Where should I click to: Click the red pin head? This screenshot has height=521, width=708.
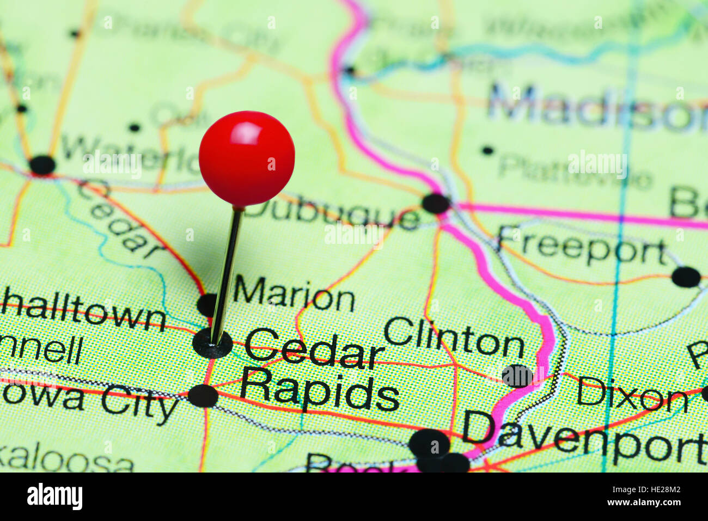click(247, 158)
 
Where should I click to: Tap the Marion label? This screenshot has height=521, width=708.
click(294, 297)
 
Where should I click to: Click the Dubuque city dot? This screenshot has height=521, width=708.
click(436, 203)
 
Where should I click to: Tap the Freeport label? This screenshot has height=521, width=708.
click(582, 248)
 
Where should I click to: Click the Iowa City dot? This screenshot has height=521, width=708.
click(203, 396)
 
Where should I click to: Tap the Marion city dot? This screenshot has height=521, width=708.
click(207, 304)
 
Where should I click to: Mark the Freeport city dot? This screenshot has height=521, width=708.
click(686, 277)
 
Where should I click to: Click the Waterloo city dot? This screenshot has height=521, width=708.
click(42, 165)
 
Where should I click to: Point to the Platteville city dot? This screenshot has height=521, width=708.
click(487, 150)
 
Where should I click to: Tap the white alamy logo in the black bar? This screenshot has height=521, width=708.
click(54, 497)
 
